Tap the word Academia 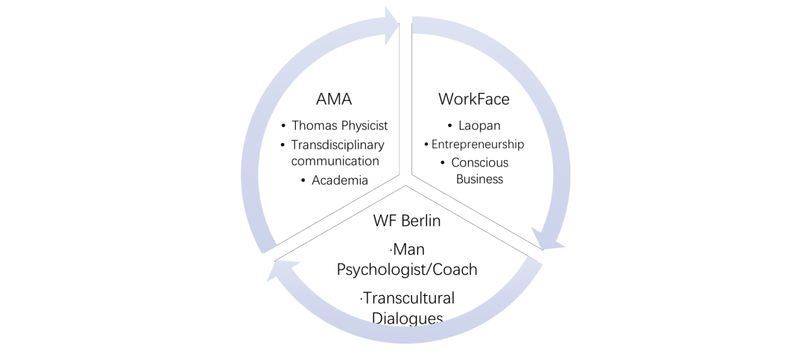click(x=340, y=180)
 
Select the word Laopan click(x=480, y=126)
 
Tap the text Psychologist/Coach click(x=407, y=268)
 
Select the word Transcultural click(x=408, y=298)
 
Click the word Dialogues click(x=407, y=318)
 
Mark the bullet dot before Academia click(x=304, y=180)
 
